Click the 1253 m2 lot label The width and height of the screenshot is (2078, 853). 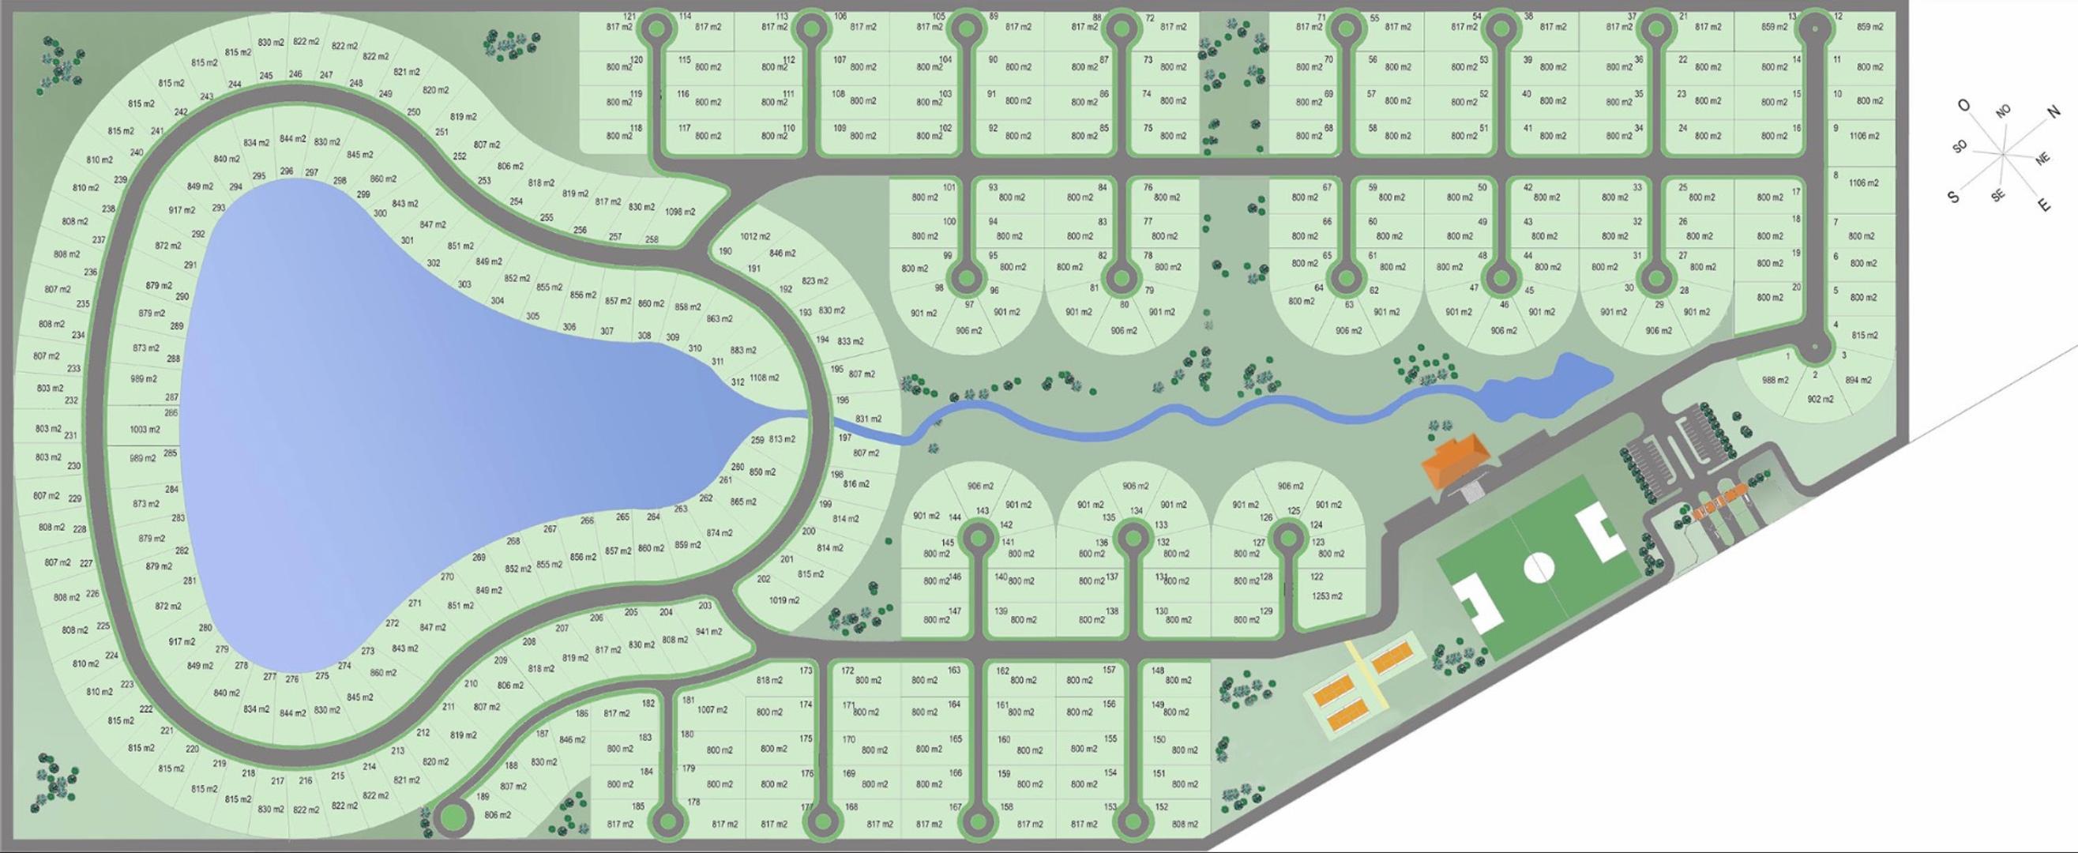point(1326,596)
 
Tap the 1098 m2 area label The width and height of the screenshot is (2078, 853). point(680,212)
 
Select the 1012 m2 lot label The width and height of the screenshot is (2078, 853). point(755,236)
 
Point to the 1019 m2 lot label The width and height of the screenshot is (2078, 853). point(784,600)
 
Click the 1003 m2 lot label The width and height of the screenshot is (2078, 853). point(145,430)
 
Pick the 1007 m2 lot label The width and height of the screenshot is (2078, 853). point(712,710)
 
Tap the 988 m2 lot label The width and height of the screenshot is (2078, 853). point(1775,380)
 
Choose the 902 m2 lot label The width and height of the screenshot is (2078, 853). point(1820,400)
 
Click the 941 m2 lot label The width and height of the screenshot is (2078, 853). point(708,632)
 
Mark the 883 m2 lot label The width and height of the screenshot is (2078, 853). point(743,350)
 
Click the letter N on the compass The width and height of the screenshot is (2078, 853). point(2054,113)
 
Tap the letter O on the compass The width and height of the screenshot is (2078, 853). point(1963,106)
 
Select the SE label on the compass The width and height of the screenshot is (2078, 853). point(1997,195)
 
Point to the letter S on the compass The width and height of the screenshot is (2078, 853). point(1953,197)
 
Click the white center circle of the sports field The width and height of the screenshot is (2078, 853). point(1539,567)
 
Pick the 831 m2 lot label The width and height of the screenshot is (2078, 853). point(868,419)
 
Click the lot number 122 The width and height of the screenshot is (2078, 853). point(1317,577)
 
